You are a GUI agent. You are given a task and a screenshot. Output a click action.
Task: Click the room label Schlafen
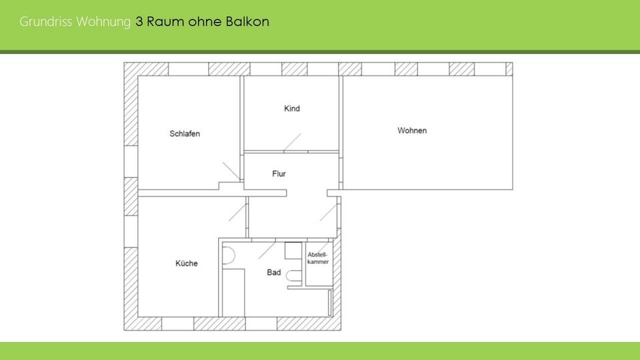pyautogui.click(x=185, y=133)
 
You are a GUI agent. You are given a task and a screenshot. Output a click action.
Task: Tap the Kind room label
pyautogui.click(x=292, y=109)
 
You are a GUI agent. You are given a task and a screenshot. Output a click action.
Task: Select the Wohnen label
pyautogui.click(x=412, y=131)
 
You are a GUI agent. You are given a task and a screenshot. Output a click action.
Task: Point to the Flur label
pyautogui.click(x=279, y=174)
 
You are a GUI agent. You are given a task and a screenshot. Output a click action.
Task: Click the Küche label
pyautogui.click(x=187, y=263)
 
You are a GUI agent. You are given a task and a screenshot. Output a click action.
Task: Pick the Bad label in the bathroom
pyautogui.click(x=274, y=273)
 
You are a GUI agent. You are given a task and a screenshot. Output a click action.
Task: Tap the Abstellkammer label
pyautogui.click(x=318, y=259)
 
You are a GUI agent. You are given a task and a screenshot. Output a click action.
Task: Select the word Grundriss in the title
pyautogui.click(x=46, y=21)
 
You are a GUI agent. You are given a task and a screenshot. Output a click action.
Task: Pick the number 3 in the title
pyautogui.click(x=139, y=21)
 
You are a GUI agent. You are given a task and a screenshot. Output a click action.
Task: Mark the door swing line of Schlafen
pyautogui.click(x=231, y=171)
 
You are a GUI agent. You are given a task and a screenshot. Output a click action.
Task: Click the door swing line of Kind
pyautogui.click(x=291, y=142)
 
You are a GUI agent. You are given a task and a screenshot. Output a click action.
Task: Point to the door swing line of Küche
pyautogui.click(x=236, y=211)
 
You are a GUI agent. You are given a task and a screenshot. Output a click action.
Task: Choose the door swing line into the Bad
pyautogui.click(x=267, y=249)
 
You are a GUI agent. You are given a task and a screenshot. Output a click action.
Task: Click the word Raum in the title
pyautogui.click(x=161, y=21)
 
